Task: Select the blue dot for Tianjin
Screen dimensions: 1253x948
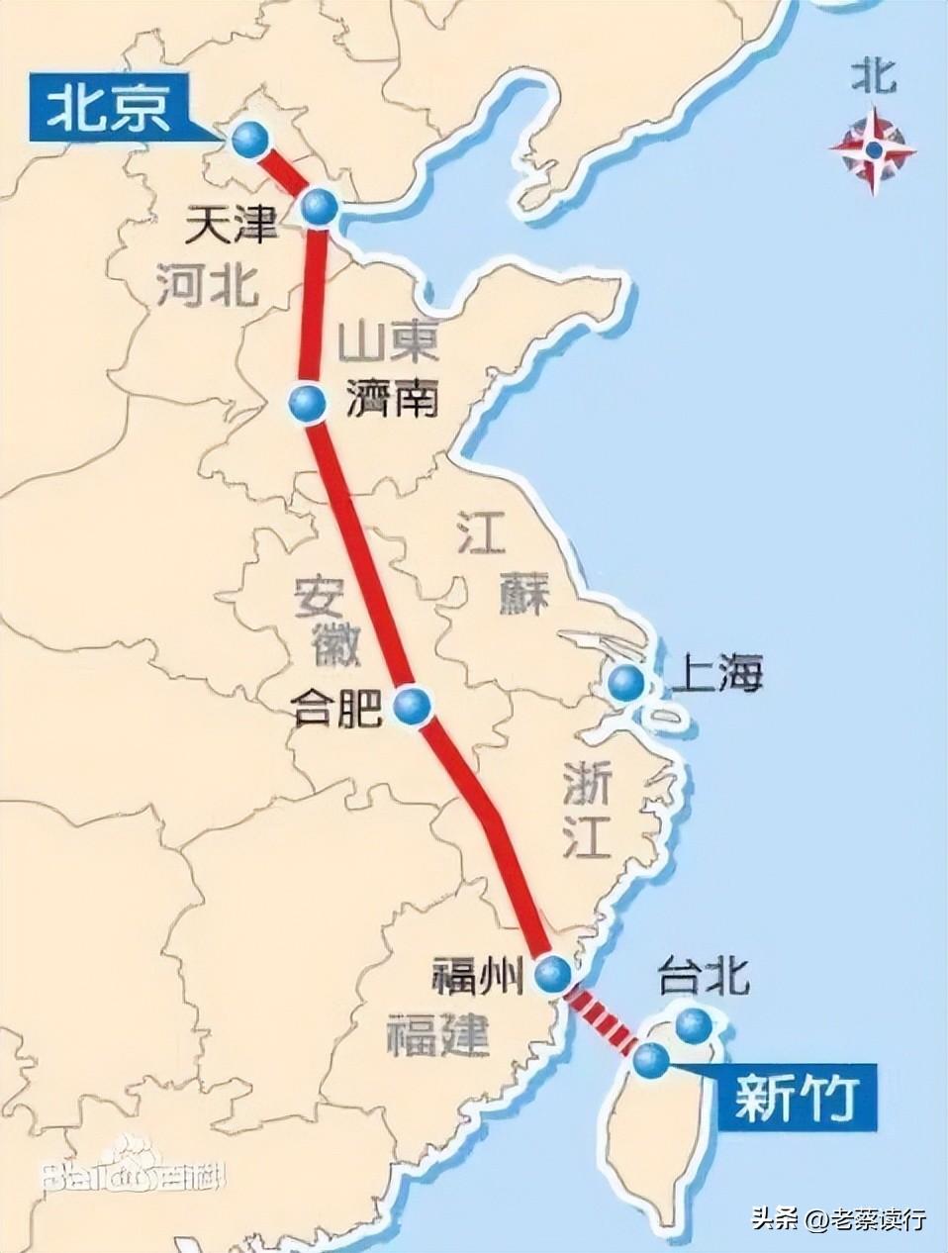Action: [319, 209]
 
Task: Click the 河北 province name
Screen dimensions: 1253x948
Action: [207, 285]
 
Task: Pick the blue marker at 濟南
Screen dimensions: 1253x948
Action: [308, 403]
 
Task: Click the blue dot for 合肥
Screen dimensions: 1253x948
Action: [413, 705]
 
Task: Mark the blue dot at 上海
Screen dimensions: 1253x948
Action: [625, 681]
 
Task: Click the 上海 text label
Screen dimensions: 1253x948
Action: [716, 677]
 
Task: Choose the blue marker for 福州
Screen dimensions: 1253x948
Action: [553, 974]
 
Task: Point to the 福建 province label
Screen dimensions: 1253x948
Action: [437, 1034]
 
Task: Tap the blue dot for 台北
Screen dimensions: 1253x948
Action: [695, 1026]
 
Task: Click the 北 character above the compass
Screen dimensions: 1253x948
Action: [873, 77]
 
